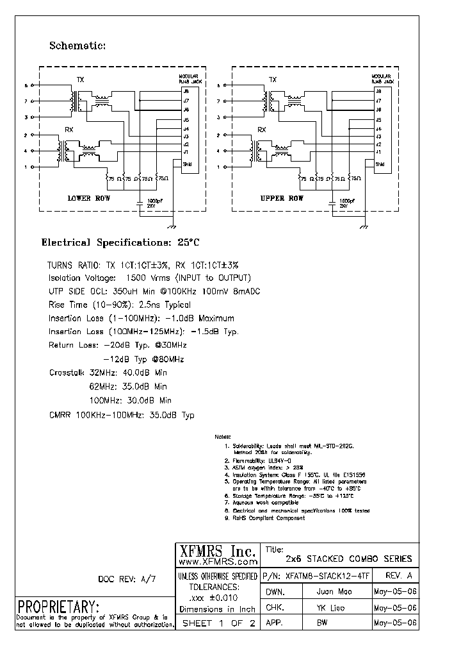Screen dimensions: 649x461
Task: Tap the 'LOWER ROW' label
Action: (x=89, y=198)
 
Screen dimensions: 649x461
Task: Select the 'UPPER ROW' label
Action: (x=282, y=198)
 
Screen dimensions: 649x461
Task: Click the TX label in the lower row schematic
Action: (x=81, y=80)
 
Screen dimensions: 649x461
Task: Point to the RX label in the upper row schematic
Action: (x=261, y=130)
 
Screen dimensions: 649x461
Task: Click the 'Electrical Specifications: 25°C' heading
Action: (x=120, y=243)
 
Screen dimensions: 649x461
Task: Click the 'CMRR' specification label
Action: (x=60, y=415)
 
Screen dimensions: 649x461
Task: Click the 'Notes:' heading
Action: (x=223, y=435)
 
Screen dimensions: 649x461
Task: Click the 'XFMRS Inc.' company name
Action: (x=216, y=551)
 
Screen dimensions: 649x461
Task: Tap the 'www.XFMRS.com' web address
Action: (x=216, y=561)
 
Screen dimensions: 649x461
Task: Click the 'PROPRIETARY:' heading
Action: (x=58, y=606)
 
